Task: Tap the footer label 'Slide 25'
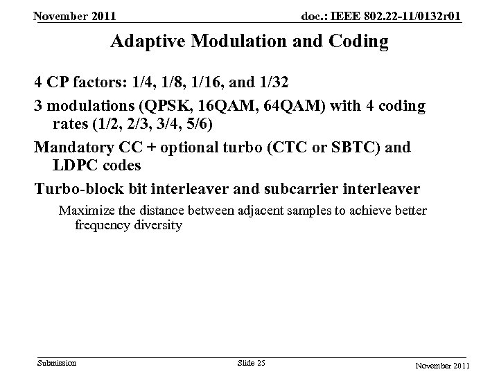(251, 363)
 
